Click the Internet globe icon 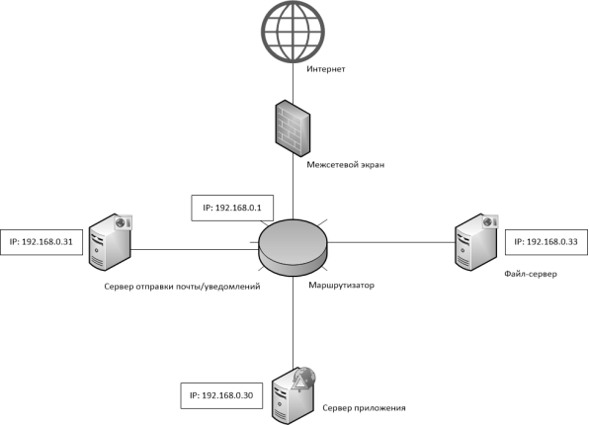point(293,31)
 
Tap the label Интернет point(326,69)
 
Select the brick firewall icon point(293,128)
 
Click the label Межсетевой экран point(346,165)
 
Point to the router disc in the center point(293,248)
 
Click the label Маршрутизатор point(342,286)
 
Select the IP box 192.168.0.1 point(232,208)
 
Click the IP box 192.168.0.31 point(42,242)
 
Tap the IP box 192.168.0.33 point(547,242)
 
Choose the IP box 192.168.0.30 point(221,395)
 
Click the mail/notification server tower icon point(111,242)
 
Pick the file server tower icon point(476,242)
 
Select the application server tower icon point(294,396)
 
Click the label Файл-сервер point(531,274)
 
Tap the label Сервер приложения point(364,408)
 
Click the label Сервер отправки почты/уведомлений point(182,287)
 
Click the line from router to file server point(391,242)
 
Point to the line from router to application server point(293,323)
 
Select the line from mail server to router point(195,249)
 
